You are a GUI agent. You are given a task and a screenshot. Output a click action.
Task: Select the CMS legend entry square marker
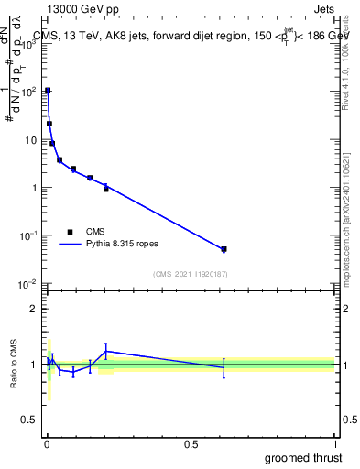[70, 232]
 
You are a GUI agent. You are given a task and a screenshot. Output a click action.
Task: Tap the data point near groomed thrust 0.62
[224, 249]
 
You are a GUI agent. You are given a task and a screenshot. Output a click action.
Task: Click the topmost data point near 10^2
[48, 91]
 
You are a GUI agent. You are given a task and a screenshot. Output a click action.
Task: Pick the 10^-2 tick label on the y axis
[28, 283]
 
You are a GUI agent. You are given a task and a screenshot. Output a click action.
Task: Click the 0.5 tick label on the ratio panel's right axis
[346, 420]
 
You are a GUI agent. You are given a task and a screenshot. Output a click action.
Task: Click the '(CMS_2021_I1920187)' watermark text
[190, 273]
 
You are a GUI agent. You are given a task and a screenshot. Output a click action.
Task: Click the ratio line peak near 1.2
[106, 351]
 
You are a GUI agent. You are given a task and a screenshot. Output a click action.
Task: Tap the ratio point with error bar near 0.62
[224, 367]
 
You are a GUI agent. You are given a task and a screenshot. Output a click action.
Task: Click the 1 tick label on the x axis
[334, 444]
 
